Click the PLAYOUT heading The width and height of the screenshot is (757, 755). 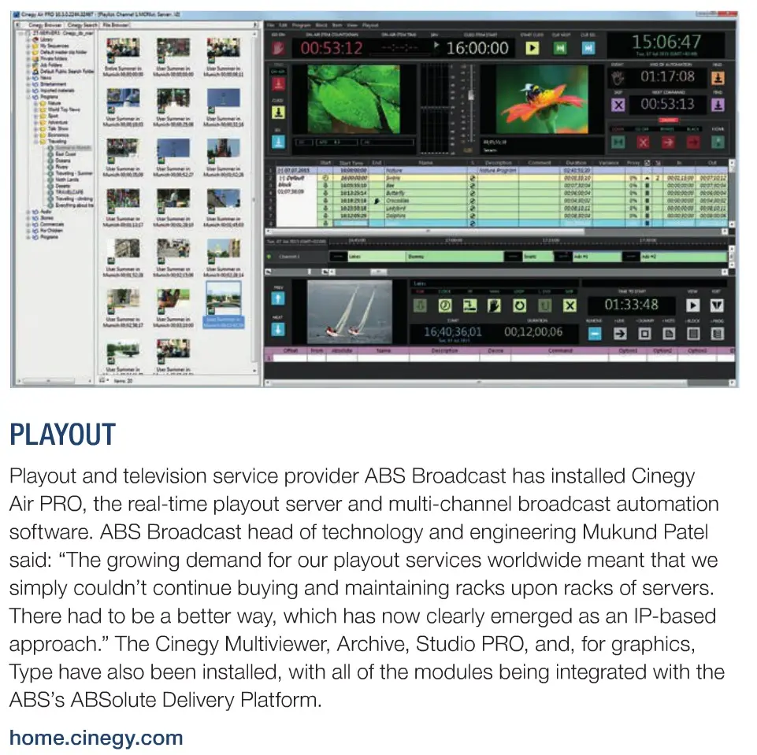[62, 435]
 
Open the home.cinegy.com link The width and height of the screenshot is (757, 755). [96, 738]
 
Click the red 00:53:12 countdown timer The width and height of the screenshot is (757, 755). [331, 48]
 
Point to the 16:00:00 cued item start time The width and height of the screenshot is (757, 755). [477, 48]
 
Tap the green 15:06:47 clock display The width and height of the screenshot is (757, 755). [666, 43]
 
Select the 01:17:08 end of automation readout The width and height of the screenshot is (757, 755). [667, 77]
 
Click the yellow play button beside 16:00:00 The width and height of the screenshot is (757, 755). [532, 48]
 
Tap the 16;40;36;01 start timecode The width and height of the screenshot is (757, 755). [453, 332]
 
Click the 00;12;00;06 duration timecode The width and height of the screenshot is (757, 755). [534, 332]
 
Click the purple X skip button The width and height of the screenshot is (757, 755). [618, 105]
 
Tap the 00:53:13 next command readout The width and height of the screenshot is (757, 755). [667, 104]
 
